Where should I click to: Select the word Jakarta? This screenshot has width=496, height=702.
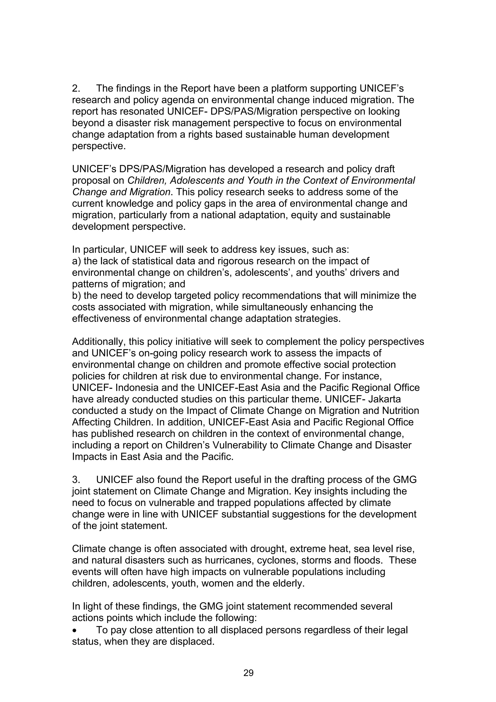point(385,399)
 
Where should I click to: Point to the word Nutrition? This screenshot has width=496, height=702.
point(399,411)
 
